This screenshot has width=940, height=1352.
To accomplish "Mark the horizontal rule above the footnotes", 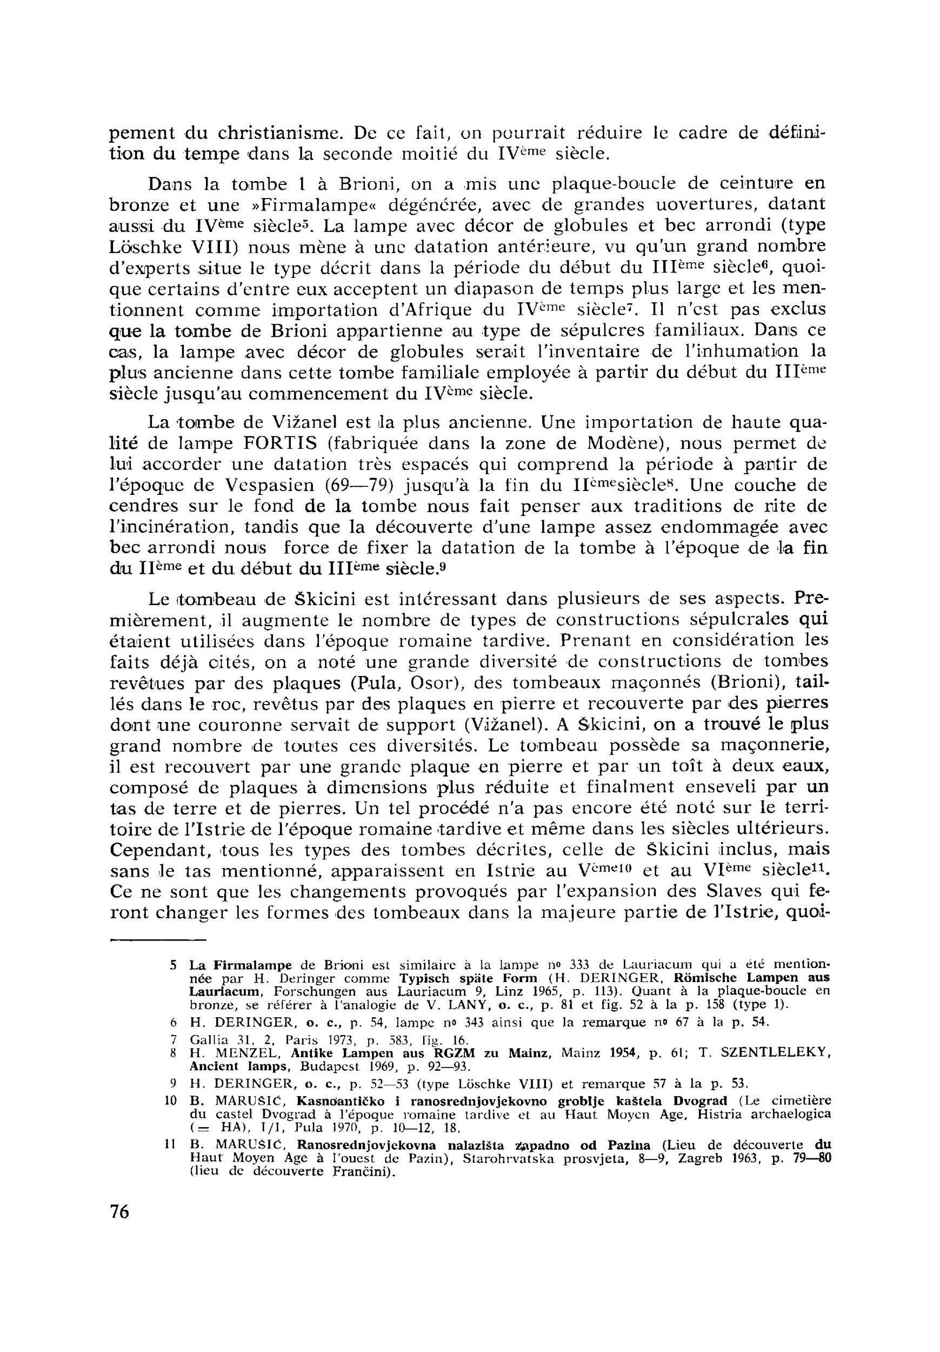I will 157,940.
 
